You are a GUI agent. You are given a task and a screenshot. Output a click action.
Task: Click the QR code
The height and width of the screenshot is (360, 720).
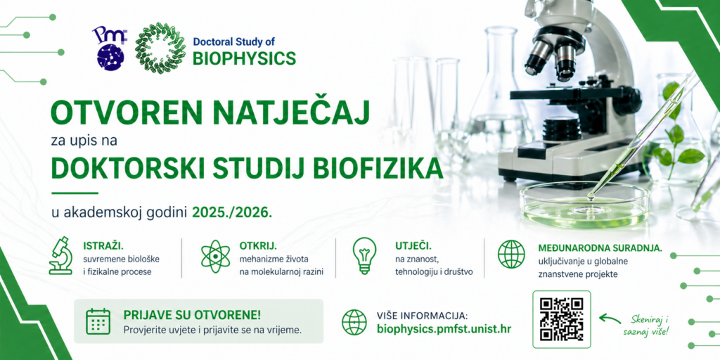561,320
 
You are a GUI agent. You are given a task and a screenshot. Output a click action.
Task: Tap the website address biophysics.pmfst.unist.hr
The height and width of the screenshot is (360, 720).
444,329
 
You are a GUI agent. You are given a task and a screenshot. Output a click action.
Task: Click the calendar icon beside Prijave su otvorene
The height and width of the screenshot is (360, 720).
98,321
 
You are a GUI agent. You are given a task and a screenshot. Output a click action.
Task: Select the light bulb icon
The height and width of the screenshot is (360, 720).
364,256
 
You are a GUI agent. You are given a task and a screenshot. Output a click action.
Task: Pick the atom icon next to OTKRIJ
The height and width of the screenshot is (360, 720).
215,256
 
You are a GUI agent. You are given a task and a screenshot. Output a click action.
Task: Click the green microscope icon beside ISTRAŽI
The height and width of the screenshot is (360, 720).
61,256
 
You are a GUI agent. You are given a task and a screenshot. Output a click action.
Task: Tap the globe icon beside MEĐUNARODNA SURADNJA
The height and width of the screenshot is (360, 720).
511,255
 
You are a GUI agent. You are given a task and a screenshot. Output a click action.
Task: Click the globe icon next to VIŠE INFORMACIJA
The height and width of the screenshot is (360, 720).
354,322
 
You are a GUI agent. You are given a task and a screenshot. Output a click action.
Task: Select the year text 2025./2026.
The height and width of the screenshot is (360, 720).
232,212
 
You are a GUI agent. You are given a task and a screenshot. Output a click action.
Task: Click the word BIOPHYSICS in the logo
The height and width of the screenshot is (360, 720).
244,58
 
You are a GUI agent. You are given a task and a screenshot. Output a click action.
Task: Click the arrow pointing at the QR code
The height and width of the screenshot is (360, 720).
610,318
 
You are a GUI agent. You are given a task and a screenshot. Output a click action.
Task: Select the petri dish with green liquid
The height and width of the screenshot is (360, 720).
584,205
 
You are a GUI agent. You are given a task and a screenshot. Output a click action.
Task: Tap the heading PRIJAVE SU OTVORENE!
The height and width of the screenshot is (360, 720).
192,316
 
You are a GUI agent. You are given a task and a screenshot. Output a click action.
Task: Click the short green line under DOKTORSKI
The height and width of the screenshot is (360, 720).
75,193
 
